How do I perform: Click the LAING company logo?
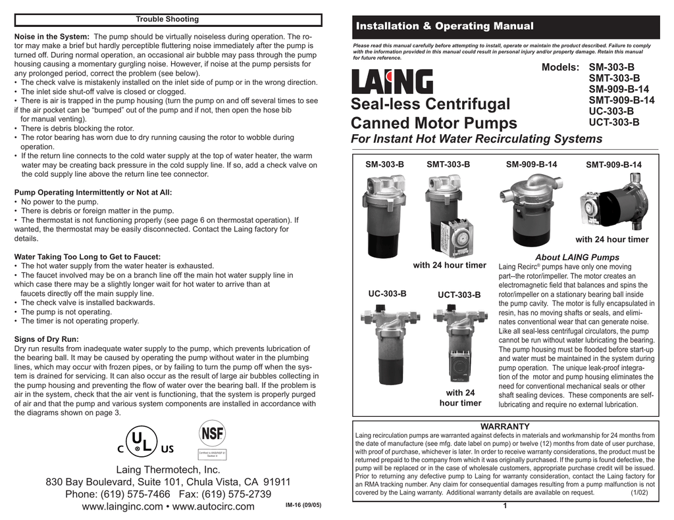click(392, 83)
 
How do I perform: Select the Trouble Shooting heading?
click(167, 19)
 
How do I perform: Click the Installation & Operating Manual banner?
click(444, 26)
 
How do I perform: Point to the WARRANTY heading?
click(505, 427)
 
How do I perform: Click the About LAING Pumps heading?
click(577, 257)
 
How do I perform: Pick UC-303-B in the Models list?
click(611, 112)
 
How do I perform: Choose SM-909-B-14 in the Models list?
click(619, 89)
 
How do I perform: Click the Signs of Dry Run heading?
click(46, 339)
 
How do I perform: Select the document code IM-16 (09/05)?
click(303, 506)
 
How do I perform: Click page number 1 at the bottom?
click(504, 506)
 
